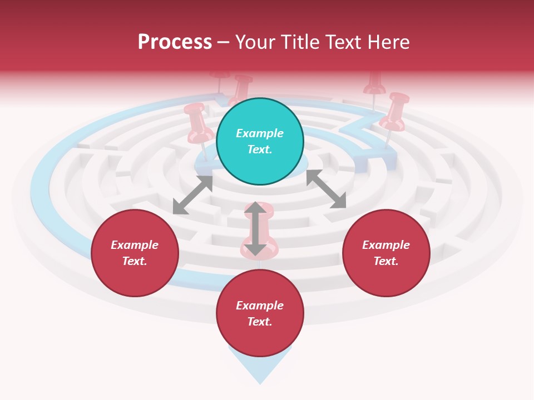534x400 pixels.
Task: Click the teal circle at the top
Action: tap(260, 142)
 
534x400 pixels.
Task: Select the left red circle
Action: tap(135, 253)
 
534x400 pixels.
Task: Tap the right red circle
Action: tap(386, 253)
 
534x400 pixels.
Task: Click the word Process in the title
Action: tap(175, 42)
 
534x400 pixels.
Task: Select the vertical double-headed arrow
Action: tap(255, 228)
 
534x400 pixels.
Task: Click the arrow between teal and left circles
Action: tap(192, 195)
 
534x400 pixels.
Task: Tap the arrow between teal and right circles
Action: tap(326, 189)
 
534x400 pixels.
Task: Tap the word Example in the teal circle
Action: tap(260, 133)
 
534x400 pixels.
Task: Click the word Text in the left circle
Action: tap(135, 261)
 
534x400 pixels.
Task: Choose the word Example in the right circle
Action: tap(386, 245)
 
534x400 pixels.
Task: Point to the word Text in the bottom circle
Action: tap(260, 322)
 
